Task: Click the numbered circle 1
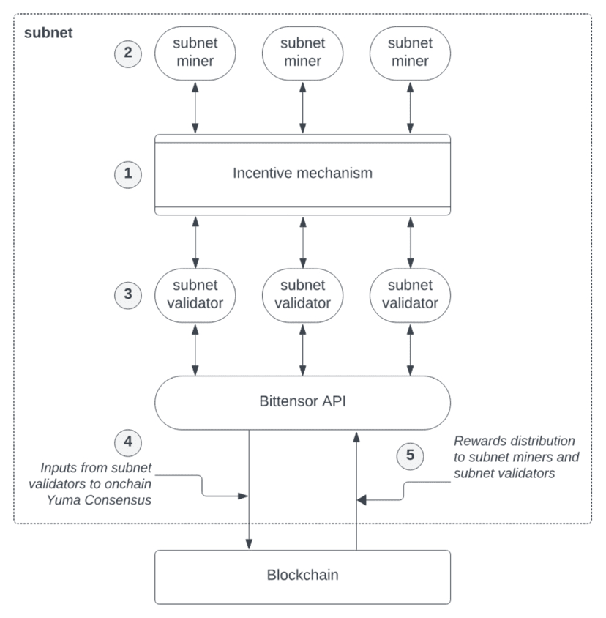(128, 174)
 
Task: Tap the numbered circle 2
(128, 53)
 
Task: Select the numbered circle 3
(128, 295)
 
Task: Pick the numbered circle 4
(128, 442)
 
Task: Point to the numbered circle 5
(410, 456)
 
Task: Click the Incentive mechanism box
(302, 174)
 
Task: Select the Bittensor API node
(302, 403)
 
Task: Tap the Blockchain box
(302, 577)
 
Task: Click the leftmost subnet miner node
(195, 53)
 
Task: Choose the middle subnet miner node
(302, 53)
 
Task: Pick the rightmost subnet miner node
(410, 53)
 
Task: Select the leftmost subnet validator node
(195, 295)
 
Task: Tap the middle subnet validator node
(302, 295)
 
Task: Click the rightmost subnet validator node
(410, 295)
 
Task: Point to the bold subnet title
(48, 33)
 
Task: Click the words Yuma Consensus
(99, 500)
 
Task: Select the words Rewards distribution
(515, 441)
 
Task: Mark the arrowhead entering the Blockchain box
(249, 545)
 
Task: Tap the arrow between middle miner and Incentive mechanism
(302, 107)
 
